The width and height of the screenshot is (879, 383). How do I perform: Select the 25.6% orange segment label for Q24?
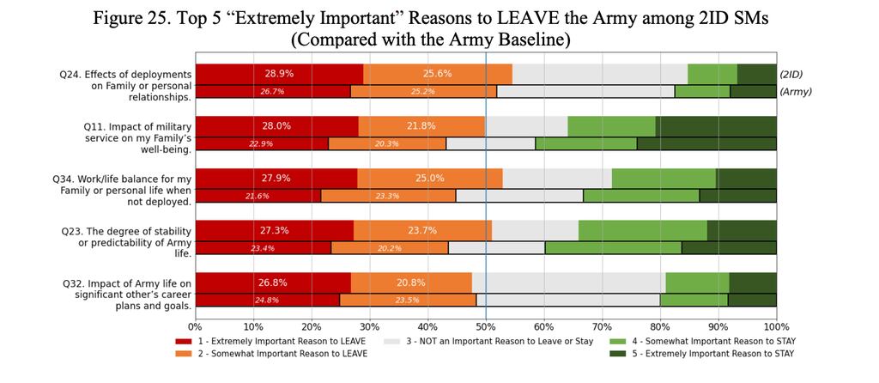(x=437, y=74)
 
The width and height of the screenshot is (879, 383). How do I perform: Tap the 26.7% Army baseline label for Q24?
(x=272, y=91)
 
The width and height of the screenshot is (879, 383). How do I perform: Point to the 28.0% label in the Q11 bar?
(x=276, y=125)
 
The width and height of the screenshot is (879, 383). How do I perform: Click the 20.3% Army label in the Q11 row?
(x=386, y=143)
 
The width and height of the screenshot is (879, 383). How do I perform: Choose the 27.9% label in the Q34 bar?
(x=276, y=178)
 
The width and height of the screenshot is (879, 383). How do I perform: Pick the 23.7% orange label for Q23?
(x=422, y=230)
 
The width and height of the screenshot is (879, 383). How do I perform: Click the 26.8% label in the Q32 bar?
(x=272, y=283)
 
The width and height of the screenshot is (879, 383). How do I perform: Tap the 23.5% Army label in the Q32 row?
(x=405, y=300)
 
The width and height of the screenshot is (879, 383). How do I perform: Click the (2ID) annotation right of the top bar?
(x=796, y=74)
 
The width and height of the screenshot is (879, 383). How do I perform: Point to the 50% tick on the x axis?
(x=486, y=326)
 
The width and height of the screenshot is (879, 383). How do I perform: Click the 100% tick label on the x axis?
(x=775, y=326)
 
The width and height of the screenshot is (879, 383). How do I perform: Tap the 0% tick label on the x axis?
(x=196, y=326)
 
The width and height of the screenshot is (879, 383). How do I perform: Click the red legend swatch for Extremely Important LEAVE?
(x=184, y=342)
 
